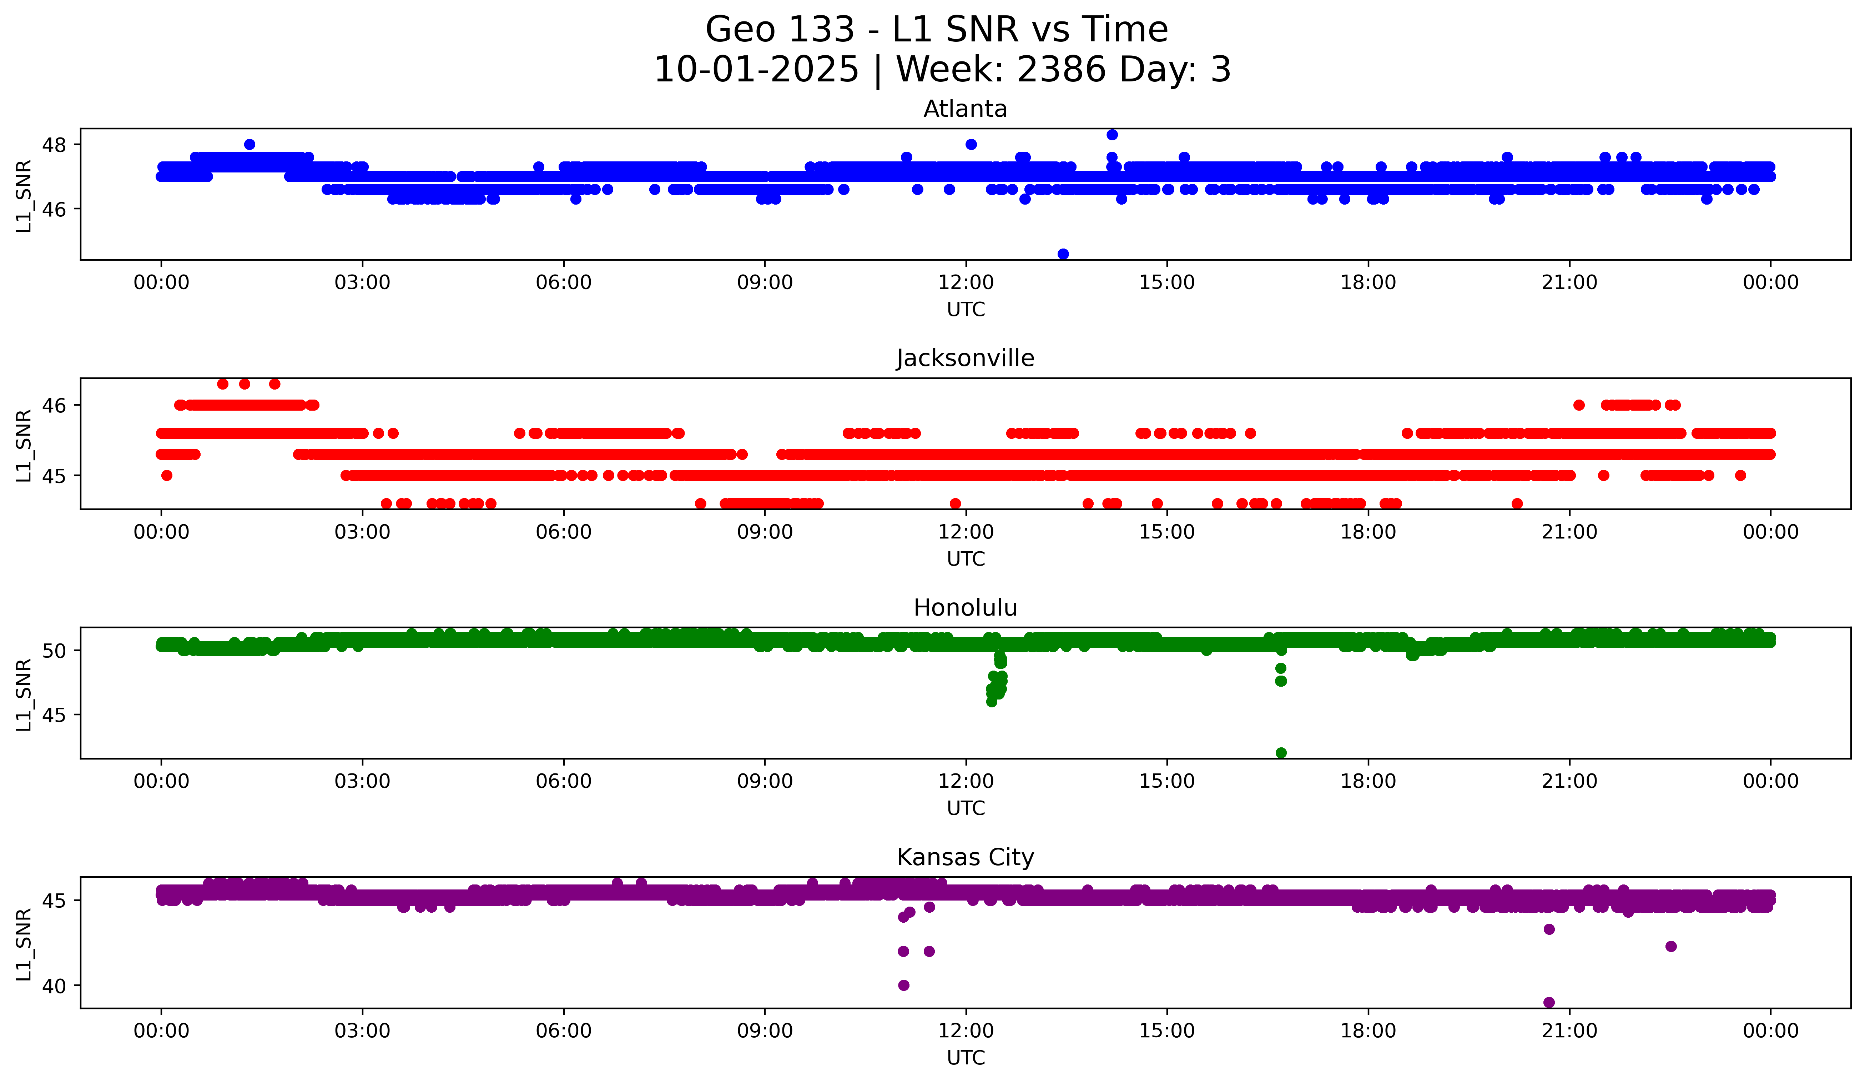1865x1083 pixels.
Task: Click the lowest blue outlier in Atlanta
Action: click(1063, 254)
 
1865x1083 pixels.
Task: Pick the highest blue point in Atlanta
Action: click(1112, 135)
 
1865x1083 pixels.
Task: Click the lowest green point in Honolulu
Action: click(1281, 753)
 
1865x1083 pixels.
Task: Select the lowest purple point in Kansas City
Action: click(1549, 1002)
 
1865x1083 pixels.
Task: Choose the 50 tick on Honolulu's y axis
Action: click(54, 651)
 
